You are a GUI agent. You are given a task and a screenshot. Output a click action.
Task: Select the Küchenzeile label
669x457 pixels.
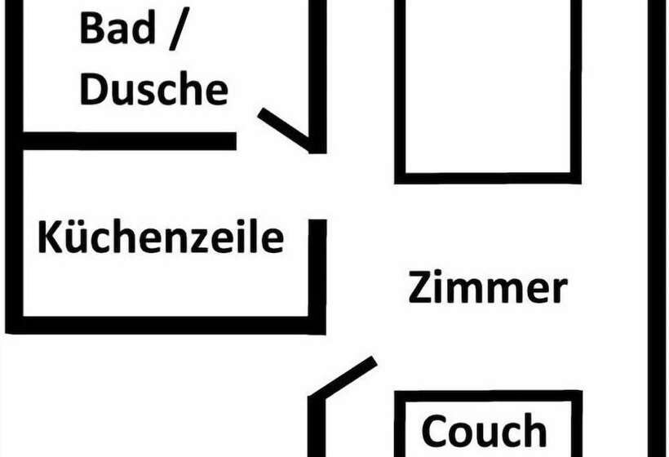coord(161,237)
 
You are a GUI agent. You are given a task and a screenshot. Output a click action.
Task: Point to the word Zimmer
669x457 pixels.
coord(488,288)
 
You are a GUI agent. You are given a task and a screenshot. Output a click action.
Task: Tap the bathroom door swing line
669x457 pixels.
coord(284,129)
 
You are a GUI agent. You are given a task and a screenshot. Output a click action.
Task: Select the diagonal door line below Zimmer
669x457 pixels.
coord(343,377)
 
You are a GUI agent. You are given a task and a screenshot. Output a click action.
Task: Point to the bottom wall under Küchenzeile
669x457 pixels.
coord(163,325)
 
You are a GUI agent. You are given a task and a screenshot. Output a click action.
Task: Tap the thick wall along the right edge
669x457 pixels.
coord(658,228)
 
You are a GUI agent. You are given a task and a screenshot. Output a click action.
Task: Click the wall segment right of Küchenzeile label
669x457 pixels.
coord(317,269)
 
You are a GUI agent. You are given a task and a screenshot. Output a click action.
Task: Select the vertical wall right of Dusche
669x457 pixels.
coord(317,73)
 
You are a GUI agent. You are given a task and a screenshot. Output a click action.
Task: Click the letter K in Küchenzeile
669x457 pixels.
coord(47,237)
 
